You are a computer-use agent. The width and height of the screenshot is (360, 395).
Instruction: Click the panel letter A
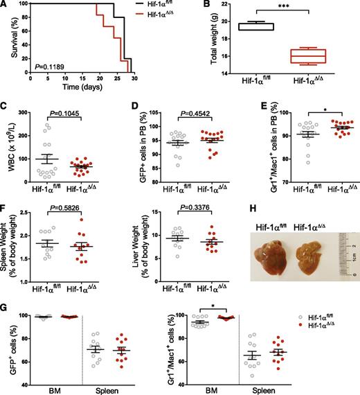coord(6,6)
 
